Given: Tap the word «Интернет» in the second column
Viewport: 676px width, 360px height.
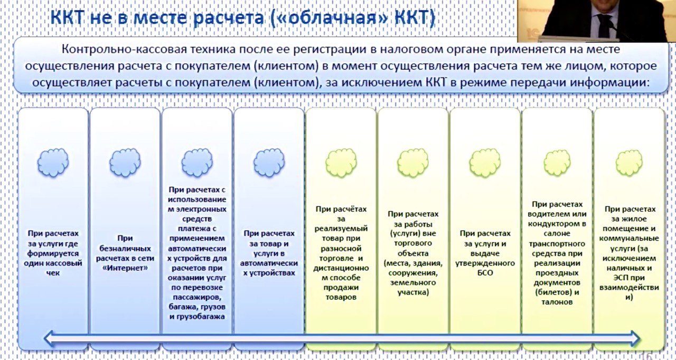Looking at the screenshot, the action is coord(125,268).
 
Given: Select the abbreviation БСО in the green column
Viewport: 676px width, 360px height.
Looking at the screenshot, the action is coord(485,273).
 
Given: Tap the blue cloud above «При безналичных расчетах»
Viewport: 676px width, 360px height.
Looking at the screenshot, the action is coord(125,163).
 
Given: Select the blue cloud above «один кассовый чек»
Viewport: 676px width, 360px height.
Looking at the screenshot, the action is coord(53,163).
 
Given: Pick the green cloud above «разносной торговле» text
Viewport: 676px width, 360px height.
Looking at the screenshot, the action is coord(341,163).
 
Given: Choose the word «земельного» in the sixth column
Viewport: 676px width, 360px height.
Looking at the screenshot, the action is coord(413,282).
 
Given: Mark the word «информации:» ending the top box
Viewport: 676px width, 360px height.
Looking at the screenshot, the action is coord(609,82).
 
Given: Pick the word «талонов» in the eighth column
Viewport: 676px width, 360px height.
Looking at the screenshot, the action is coord(557,302).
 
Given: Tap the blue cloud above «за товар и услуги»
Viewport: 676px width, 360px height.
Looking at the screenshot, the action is coord(269,163).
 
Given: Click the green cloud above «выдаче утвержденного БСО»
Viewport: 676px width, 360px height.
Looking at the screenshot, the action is coord(485,163).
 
